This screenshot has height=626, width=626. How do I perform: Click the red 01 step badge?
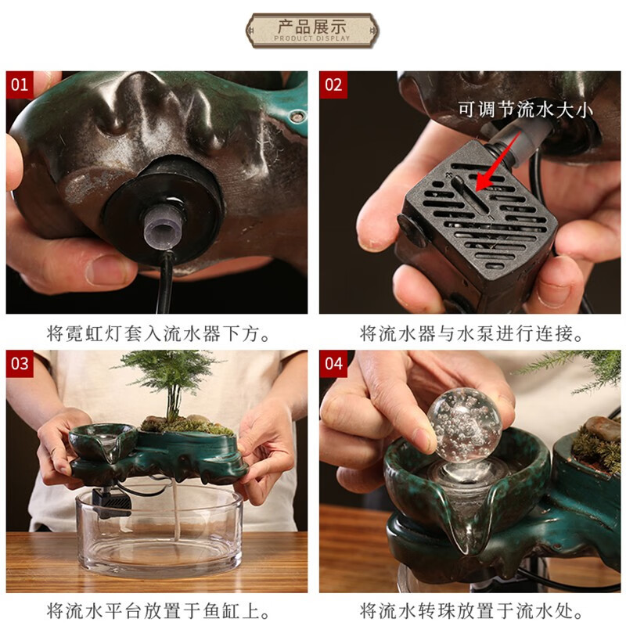(x=20, y=85)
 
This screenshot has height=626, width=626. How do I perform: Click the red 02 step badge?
(x=333, y=85)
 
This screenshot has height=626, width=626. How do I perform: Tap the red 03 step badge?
(x=20, y=364)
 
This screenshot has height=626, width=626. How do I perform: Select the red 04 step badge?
(x=333, y=364)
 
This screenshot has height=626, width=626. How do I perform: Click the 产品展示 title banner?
(x=312, y=31)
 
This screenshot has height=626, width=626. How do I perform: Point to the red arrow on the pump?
(x=498, y=161)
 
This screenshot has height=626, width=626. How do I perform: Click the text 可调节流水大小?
(x=525, y=110)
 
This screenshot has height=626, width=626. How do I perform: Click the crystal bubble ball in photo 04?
(x=464, y=423)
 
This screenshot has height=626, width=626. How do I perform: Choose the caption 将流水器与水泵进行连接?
(x=471, y=333)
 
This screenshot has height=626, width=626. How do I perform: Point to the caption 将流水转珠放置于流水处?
(x=471, y=611)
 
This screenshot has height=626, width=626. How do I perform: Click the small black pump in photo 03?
(x=111, y=502)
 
